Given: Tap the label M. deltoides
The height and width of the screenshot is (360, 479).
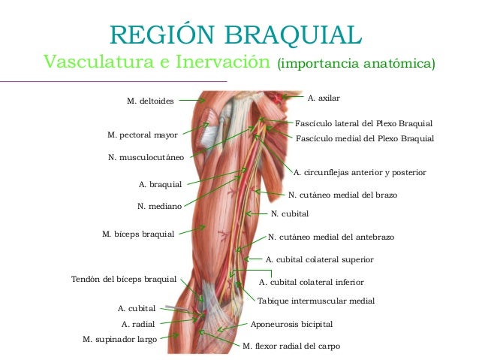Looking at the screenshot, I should (x=150, y=100).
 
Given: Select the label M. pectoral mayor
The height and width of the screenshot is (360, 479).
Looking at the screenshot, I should (x=143, y=135).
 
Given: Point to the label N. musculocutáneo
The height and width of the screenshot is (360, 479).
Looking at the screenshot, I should (x=146, y=158).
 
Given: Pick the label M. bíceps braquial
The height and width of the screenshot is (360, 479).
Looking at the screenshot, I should (x=138, y=234).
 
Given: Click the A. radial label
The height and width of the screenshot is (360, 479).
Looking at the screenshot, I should (x=139, y=324).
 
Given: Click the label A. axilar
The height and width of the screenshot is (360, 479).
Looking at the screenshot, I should (x=324, y=98).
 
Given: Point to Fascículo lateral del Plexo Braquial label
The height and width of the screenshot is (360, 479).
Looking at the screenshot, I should (x=364, y=123).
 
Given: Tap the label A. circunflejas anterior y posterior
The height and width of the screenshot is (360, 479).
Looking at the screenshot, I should (x=360, y=172).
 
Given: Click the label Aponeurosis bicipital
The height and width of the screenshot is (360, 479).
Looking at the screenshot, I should (x=291, y=324).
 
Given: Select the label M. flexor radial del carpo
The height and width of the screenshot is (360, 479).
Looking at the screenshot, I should (x=291, y=346).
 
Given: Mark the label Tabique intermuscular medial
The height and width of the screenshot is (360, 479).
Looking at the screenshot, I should (x=315, y=301).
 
